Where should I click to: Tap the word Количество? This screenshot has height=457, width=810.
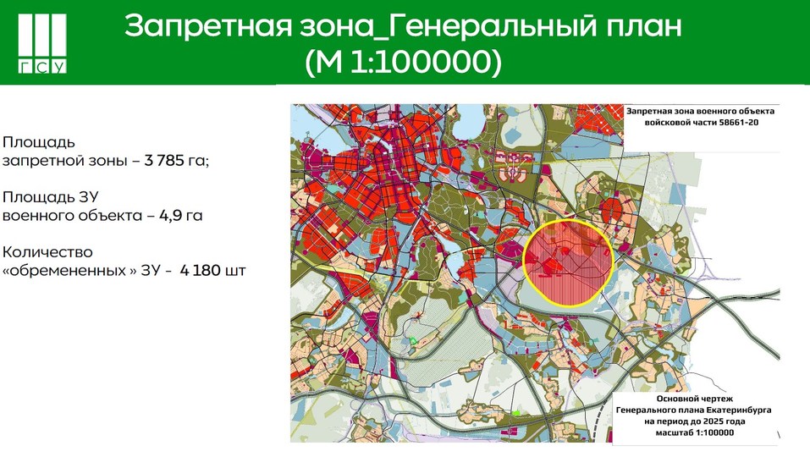pos(48,252)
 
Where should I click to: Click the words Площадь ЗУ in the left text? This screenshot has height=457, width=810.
pos(44,196)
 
